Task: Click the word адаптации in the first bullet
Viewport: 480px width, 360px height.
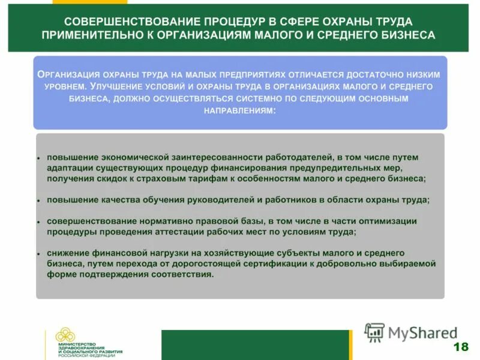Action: (x=67, y=167)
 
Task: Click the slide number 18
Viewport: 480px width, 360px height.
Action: (x=461, y=347)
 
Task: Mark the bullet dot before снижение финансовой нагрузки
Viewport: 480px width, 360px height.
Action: (x=38, y=254)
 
